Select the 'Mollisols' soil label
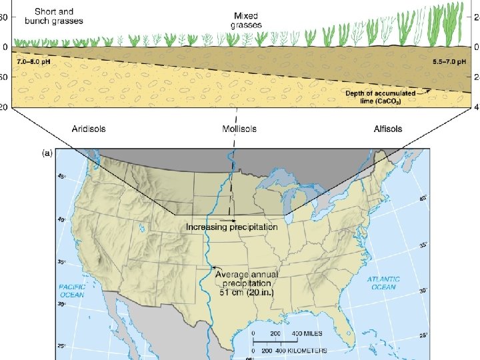point(239,129)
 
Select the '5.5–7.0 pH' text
point(449,61)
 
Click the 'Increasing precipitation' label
point(232,227)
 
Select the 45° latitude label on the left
point(62,177)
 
